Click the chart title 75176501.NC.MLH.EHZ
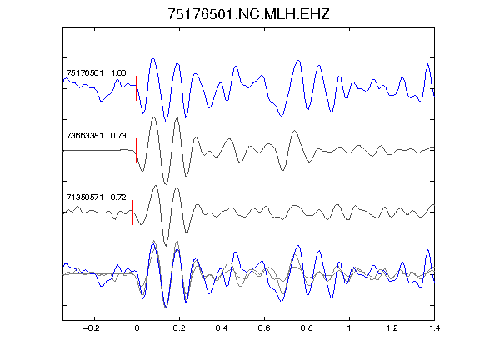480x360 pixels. (x=248, y=14)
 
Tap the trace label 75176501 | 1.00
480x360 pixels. (x=96, y=73)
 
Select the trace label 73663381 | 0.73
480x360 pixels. (x=96, y=135)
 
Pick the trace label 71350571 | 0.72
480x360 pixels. (x=96, y=197)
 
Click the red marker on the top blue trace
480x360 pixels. (x=137, y=88)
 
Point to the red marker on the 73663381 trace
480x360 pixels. (x=137, y=151)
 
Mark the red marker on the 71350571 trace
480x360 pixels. (x=132, y=212)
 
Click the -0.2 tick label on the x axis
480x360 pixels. (x=92, y=328)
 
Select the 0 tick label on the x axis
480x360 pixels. (x=137, y=328)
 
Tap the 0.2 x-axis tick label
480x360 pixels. (x=179, y=328)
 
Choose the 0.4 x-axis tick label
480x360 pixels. (x=222, y=328)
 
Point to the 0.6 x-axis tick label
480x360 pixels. (x=264, y=328)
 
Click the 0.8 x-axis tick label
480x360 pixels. (x=307, y=328)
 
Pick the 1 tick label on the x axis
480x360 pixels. (x=349, y=328)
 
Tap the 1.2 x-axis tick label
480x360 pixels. (x=392, y=328)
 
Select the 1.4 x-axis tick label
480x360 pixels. (x=434, y=328)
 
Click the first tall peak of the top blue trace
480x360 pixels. (x=153, y=59)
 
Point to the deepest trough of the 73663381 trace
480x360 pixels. (x=166, y=184)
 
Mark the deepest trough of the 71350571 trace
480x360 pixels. (x=166, y=246)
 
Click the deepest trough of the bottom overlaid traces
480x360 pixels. (x=166, y=307)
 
